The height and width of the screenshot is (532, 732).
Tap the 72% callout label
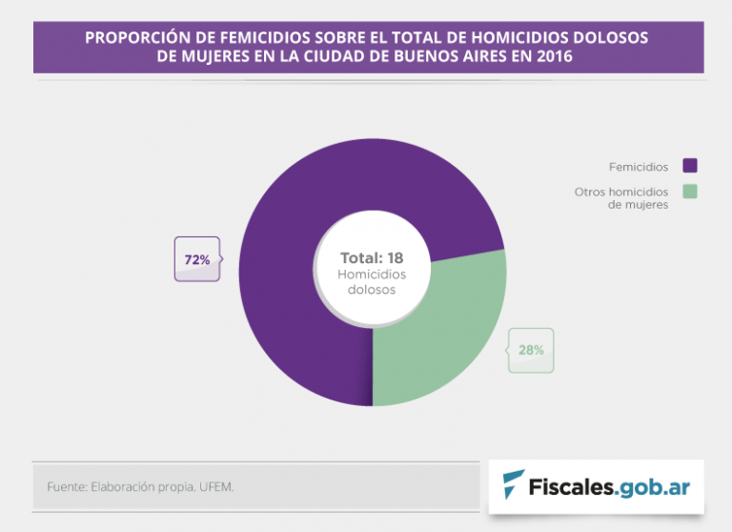197,259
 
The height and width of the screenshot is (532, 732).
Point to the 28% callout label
531,350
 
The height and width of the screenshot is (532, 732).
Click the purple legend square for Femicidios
690,166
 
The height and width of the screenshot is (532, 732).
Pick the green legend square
690,191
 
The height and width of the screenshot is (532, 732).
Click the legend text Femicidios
639,167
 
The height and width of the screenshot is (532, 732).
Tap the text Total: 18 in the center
372,257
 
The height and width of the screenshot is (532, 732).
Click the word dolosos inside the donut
372,290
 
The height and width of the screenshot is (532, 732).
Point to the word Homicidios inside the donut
372,274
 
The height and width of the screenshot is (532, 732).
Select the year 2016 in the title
555,56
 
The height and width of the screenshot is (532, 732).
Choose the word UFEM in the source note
216,487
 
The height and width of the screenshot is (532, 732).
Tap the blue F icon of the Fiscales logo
514,485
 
